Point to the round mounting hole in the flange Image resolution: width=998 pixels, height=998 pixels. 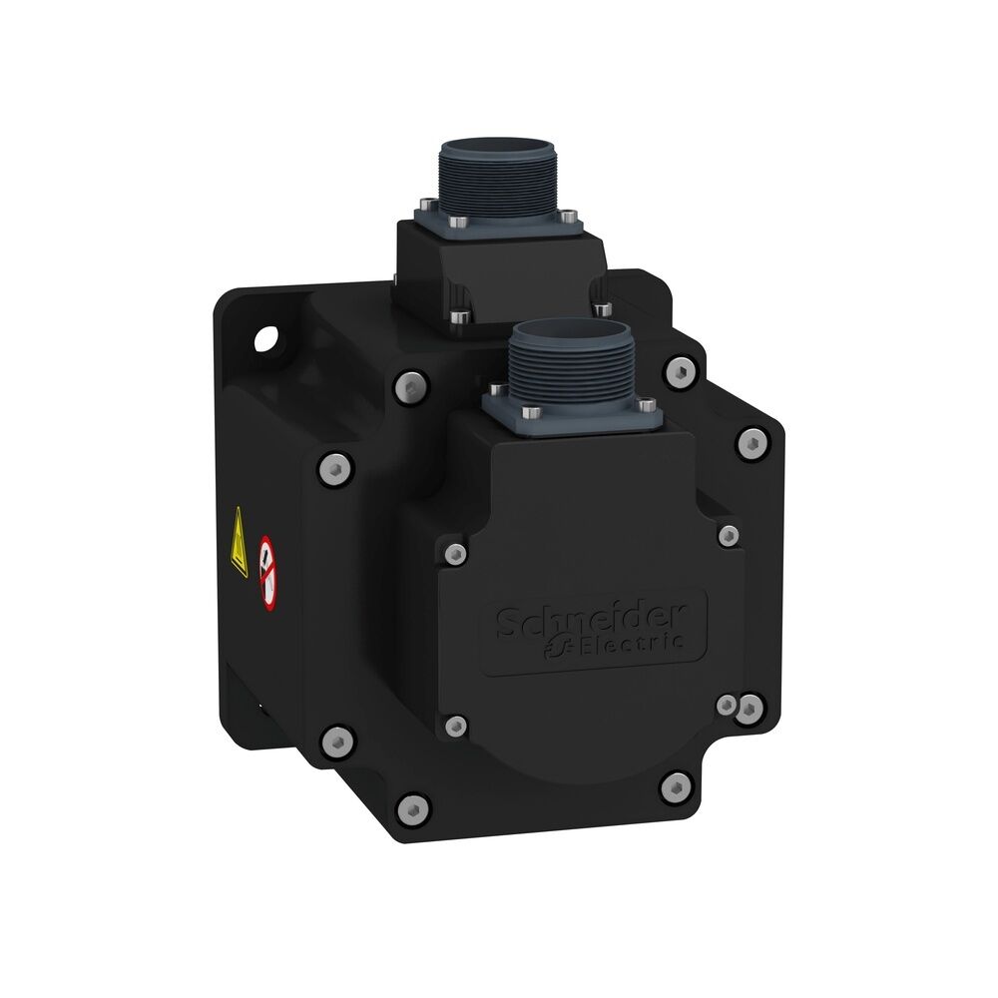pyautogui.click(x=266, y=340)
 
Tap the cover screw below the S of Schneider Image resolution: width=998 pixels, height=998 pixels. pyautogui.click(x=456, y=726)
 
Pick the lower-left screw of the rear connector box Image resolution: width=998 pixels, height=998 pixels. pyautogui.click(x=457, y=317)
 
